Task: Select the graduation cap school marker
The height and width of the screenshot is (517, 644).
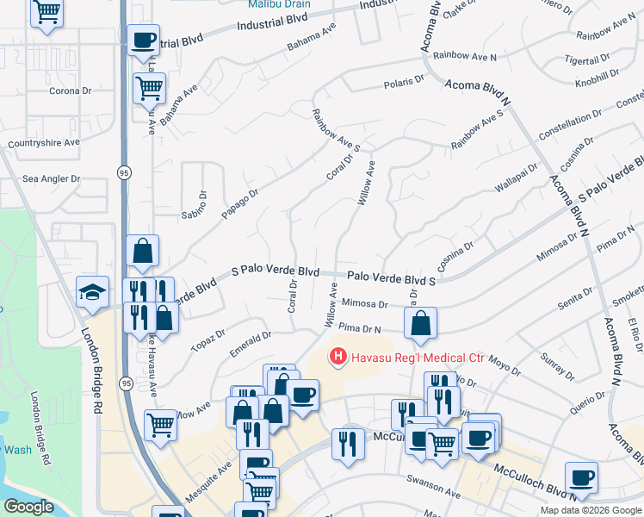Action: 92,292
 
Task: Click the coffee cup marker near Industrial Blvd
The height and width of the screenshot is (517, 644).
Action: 143,40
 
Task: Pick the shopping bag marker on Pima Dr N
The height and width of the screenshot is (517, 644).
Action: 420,324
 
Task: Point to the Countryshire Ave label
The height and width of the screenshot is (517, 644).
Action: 43,143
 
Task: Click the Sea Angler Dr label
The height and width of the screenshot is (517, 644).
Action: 51,179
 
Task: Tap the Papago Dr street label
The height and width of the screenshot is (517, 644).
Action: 240,204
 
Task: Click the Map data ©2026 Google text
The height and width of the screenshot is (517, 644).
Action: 591,510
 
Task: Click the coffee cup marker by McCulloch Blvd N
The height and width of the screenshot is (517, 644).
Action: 581,477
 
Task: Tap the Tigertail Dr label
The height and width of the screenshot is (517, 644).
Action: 561,60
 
